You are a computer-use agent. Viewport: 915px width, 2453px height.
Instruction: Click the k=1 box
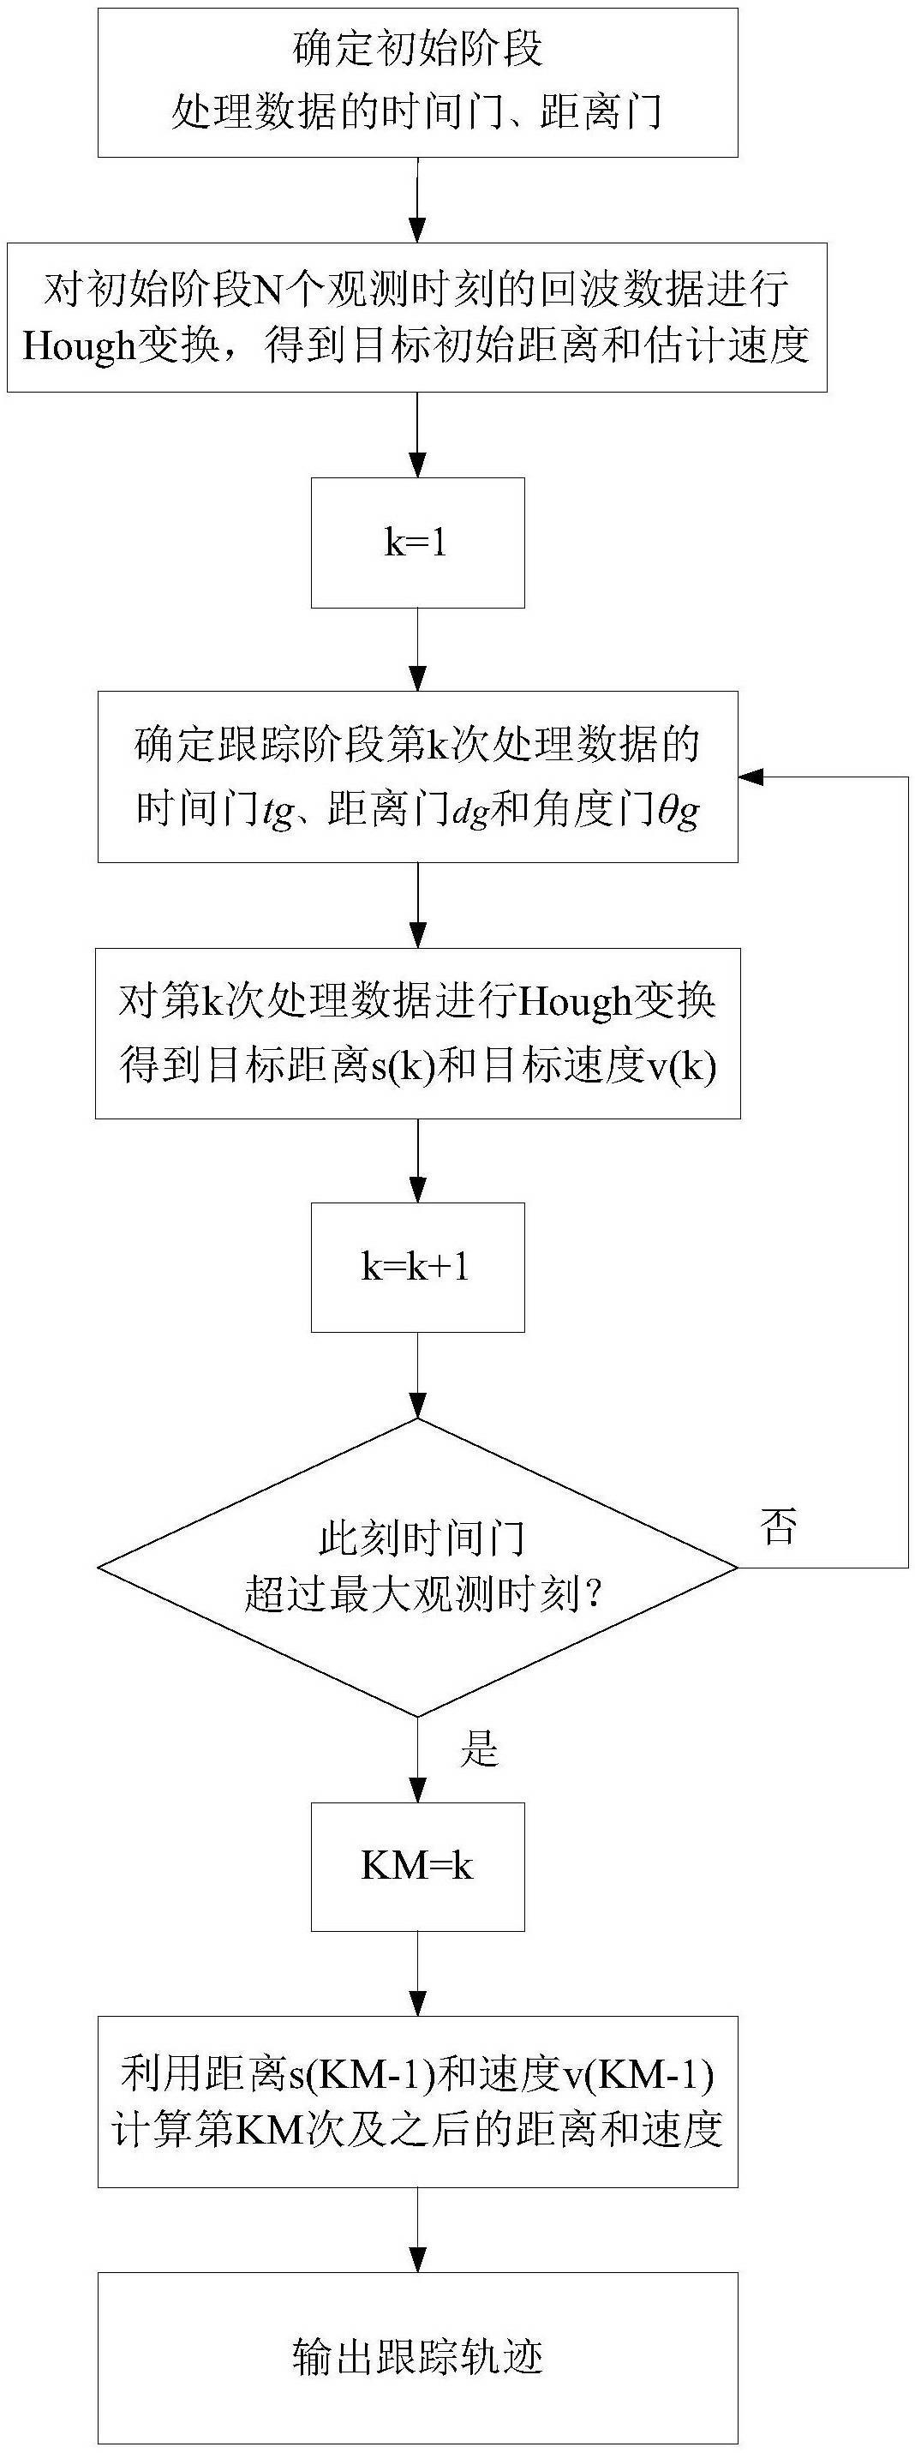[x=417, y=543]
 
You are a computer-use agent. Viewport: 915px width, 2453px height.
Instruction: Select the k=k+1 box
[x=417, y=1267]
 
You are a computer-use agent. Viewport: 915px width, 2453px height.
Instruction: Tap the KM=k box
[x=417, y=1864]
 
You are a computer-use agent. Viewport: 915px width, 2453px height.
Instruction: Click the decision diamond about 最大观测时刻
[x=417, y=1567]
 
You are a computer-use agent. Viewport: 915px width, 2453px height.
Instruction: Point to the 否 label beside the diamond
[x=778, y=1526]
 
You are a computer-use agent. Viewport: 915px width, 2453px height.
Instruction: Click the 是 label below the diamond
[x=479, y=1748]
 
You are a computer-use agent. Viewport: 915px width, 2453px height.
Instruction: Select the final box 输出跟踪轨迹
[x=417, y=2356]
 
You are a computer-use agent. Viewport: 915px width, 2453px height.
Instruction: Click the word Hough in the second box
[x=80, y=345]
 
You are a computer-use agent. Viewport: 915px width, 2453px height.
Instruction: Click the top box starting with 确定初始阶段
[x=417, y=82]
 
